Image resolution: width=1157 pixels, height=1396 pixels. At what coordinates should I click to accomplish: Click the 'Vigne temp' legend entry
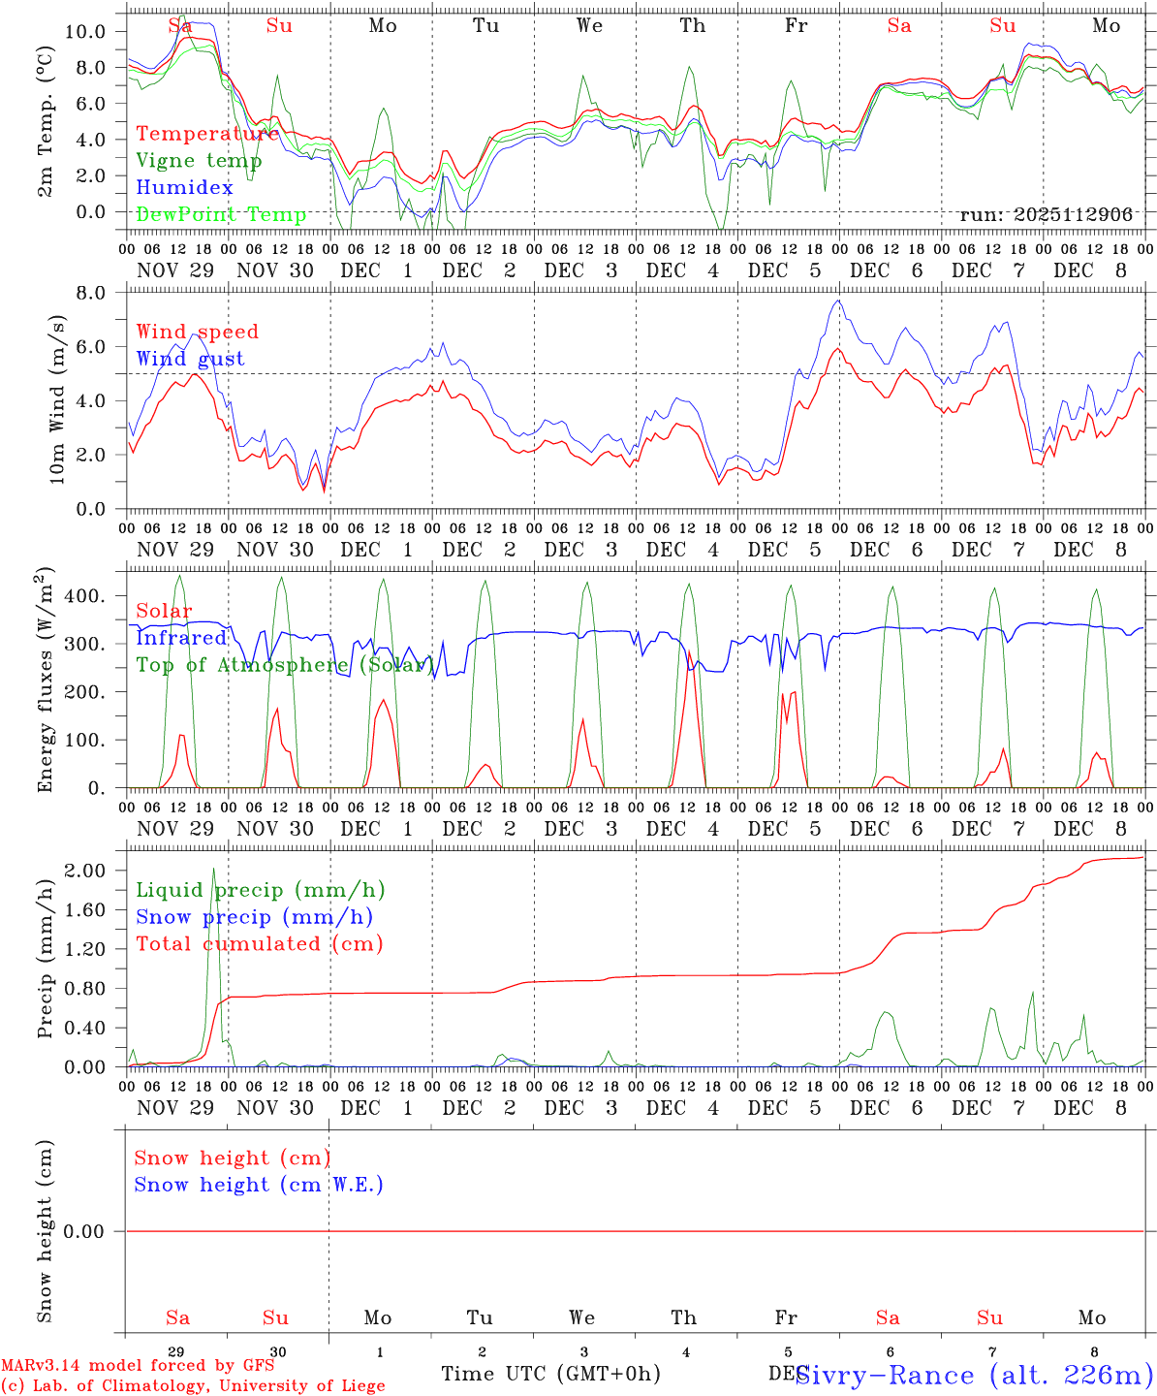click(x=199, y=161)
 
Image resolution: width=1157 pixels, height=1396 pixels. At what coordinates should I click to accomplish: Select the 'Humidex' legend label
click(x=185, y=188)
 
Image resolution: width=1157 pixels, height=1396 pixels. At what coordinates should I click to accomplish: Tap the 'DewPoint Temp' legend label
click(x=221, y=214)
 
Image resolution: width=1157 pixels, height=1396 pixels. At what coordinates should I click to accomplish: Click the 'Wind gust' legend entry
click(x=190, y=359)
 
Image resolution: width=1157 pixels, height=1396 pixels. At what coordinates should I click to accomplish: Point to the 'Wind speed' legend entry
click(x=198, y=332)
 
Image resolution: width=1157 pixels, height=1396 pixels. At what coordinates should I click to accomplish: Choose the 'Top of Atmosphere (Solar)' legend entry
click(x=285, y=665)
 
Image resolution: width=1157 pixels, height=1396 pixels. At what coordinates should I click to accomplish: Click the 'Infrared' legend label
click(x=181, y=638)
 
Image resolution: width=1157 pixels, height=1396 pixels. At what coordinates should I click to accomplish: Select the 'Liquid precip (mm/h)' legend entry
click(x=261, y=890)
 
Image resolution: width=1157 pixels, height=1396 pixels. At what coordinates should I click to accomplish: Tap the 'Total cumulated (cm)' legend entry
click(x=260, y=943)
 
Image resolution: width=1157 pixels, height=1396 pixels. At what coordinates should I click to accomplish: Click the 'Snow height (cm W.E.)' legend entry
click(x=259, y=1185)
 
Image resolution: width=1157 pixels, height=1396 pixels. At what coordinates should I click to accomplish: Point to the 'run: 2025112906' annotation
click(x=1046, y=214)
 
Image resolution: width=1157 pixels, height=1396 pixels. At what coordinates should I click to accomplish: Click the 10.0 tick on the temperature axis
click(x=86, y=31)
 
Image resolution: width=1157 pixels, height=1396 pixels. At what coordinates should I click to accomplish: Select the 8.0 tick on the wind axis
click(x=95, y=293)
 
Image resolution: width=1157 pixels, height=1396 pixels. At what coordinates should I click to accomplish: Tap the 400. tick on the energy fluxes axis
click(x=86, y=596)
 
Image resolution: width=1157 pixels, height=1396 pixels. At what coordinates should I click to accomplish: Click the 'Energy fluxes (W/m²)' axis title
click(x=46, y=682)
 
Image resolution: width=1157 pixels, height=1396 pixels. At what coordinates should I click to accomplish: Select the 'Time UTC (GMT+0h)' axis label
click(x=550, y=1373)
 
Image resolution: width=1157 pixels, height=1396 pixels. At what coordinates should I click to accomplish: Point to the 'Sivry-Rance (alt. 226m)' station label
click(x=973, y=1375)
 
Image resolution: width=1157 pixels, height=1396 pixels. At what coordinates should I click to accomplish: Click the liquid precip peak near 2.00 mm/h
click(x=213, y=869)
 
